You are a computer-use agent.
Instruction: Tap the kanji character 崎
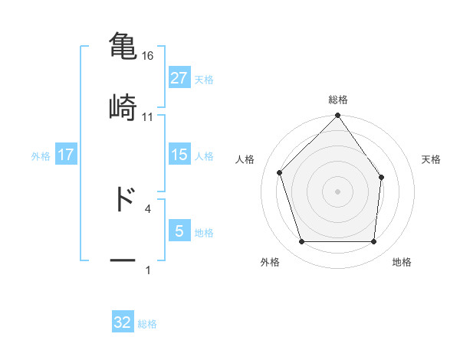coord(123,106)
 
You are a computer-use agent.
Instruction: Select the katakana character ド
coord(123,198)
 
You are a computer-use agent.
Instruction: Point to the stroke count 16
coord(147,56)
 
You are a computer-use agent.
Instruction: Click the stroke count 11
coord(147,116)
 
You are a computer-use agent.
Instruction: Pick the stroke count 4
coord(147,208)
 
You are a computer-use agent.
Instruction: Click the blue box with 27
coord(179,78)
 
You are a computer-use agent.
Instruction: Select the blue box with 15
coord(179,155)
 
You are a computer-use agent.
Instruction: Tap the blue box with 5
coord(179,231)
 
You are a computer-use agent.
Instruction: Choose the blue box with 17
coord(66,155)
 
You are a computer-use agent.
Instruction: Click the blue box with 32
coord(123,322)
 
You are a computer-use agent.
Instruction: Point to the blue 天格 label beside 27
coord(204,79)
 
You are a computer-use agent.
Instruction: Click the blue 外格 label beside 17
coord(41,155)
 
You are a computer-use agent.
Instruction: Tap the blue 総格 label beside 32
coord(147,323)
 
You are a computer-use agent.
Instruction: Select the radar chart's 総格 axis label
coord(338,100)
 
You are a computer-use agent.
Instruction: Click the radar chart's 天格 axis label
coord(432,159)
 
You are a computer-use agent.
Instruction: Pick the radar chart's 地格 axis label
coord(402,262)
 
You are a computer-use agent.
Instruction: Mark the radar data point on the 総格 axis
coord(338,116)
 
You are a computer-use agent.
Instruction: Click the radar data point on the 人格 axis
coord(280,172)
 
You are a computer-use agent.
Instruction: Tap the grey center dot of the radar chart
coord(338,191)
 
